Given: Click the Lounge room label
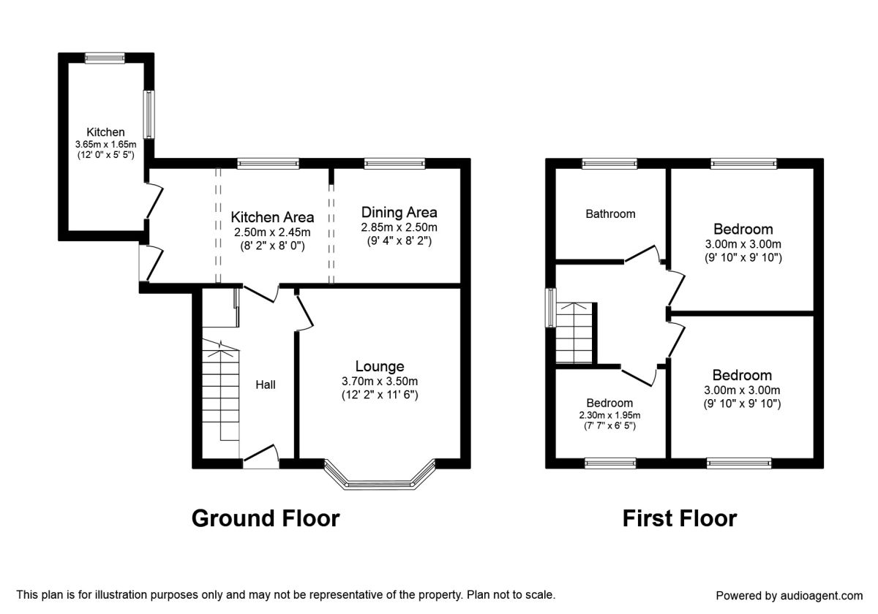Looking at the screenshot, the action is (x=380, y=366).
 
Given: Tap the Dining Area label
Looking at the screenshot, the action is (x=399, y=213).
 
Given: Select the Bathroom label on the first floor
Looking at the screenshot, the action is (x=610, y=214).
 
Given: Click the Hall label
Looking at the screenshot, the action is (x=266, y=385).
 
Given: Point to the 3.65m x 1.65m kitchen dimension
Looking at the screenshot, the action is (x=106, y=145).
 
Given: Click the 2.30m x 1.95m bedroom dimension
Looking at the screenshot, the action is (x=609, y=415).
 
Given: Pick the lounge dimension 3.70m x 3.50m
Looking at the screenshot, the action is (x=380, y=381).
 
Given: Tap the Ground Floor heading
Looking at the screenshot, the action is (x=266, y=518).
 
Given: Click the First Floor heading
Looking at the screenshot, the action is (x=680, y=518).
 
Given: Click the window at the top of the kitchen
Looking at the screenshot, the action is (x=105, y=58).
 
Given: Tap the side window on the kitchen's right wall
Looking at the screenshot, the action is (x=149, y=114).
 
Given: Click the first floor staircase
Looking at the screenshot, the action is (x=574, y=333).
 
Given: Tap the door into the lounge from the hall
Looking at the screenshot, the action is (x=304, y=312).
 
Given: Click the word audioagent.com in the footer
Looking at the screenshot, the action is (x=822, y=596).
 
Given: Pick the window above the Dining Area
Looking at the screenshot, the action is (x=394, y=164).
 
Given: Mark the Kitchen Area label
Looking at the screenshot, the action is (x=272, y=217).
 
